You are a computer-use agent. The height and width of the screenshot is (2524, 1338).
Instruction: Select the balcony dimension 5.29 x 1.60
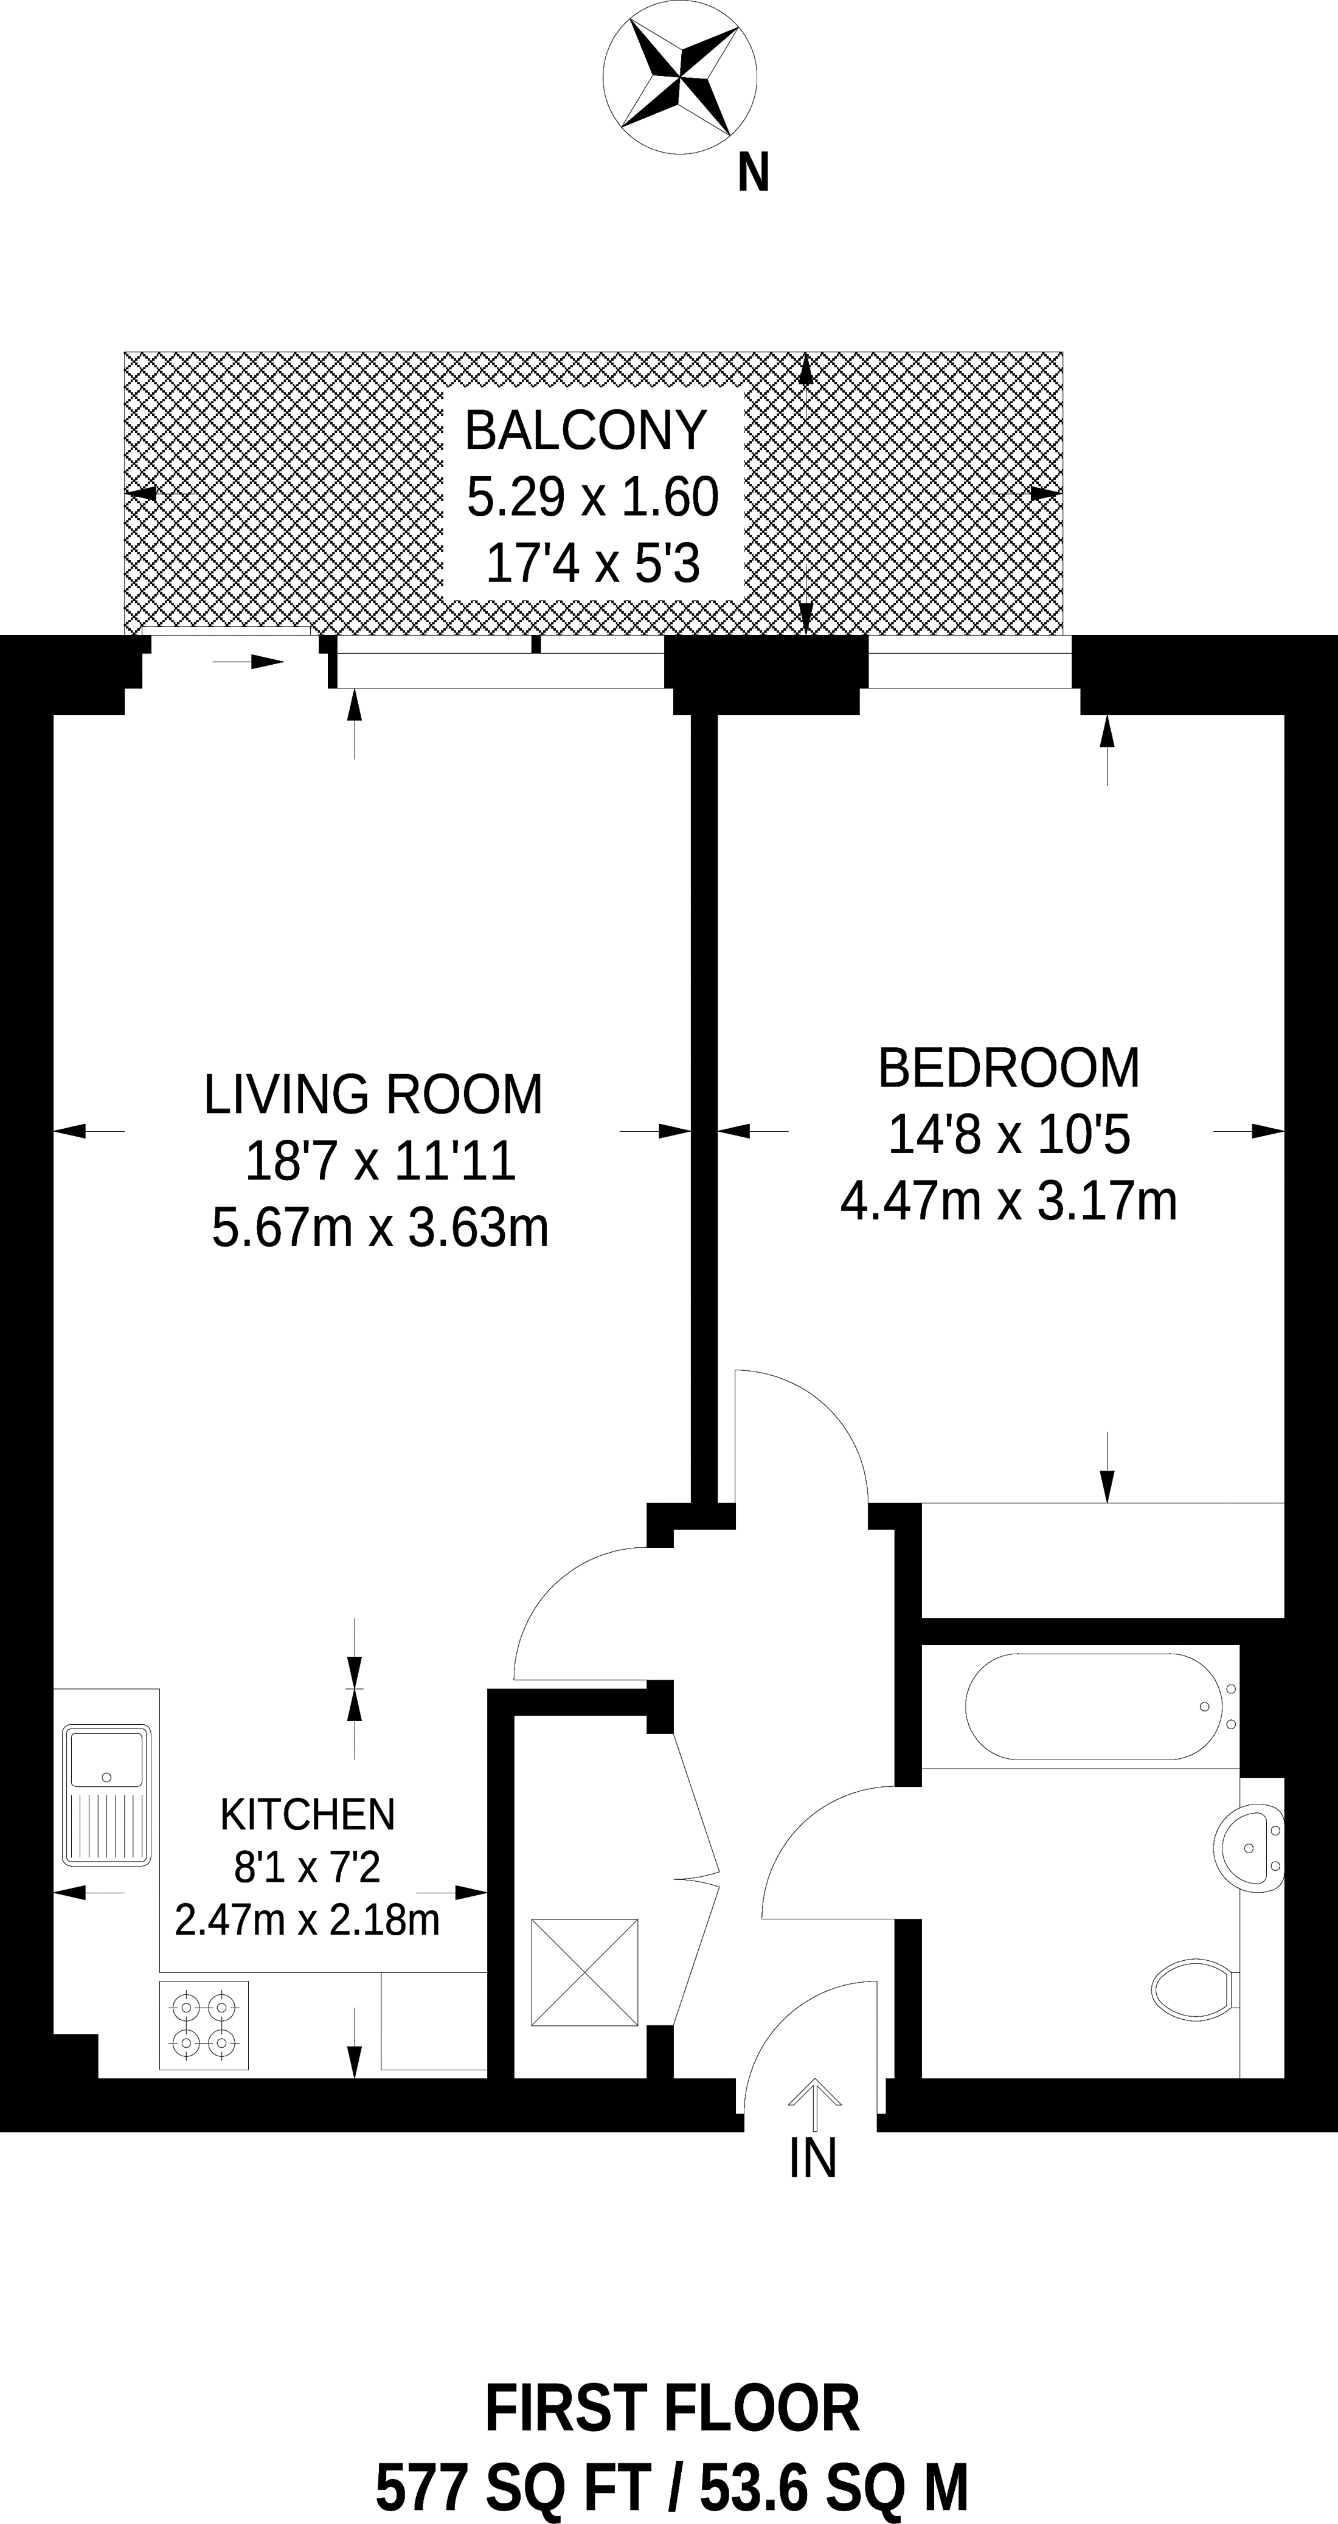592,497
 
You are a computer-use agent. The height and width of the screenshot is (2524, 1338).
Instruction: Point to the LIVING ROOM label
373,1095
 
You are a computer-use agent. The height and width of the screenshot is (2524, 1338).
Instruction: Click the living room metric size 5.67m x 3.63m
380,1228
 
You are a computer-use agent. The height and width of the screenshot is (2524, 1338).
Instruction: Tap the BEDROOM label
1009,1068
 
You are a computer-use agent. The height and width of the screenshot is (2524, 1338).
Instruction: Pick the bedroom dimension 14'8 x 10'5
1010,1135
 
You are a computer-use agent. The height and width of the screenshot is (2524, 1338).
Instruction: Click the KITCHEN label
308,1815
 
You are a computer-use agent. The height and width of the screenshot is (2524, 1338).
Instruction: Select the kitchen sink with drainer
107,1795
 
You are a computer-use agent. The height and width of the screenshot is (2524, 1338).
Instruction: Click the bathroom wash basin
1249,1847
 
